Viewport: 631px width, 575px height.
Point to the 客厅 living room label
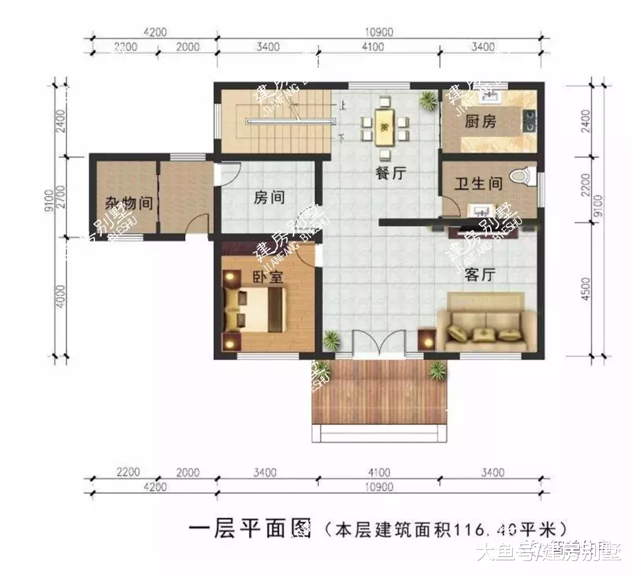tap(482, 274)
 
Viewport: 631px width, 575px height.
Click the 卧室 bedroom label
tap(268, 277)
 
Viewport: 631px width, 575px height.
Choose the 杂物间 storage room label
tap(129, 203)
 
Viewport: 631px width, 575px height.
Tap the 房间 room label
tap(269, 197)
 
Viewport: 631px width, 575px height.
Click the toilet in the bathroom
tap(521, 176)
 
